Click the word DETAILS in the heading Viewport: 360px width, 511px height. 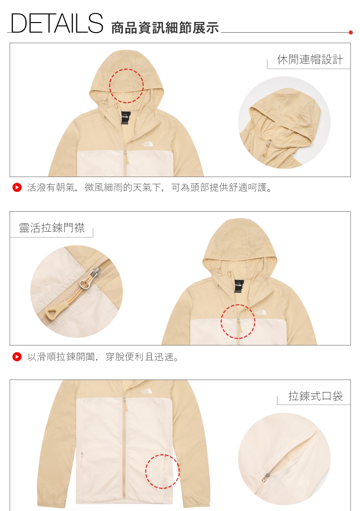click(x=57, y=23)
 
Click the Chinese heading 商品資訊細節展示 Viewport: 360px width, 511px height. click(x=165, y=28)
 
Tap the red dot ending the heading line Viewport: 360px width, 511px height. click(x=350, y=32)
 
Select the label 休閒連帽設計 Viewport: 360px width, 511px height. click(x=310, y=59)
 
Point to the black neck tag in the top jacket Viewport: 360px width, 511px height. click(x=126, y=118)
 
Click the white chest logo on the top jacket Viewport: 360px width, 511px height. click(x=147, y=144)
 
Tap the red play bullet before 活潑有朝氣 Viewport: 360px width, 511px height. click(x=17, y=188)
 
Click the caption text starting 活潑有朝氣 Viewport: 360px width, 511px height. click(x=150, y=188)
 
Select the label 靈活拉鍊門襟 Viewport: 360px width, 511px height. click(x=52, y=227)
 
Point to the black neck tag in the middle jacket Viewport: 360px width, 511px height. click(x=239, y=286)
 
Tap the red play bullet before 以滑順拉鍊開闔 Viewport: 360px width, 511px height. click(x=17, y=357)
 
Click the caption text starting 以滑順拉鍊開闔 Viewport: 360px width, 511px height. click(x=103, y=357)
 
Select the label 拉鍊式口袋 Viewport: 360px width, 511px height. click(x=315, y=396)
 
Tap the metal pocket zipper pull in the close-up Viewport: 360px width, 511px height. click(x=265, y=477)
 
